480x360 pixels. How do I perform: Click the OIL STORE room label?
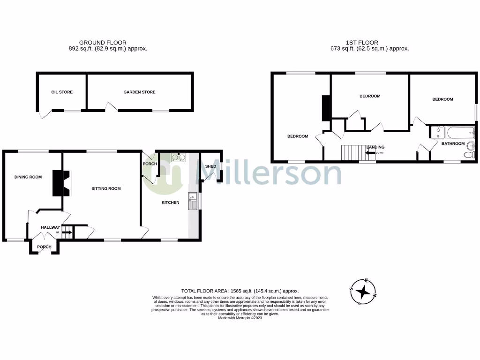(62, 92)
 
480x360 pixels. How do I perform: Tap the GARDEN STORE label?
(139, 92)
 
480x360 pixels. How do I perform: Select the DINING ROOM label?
(28, 177)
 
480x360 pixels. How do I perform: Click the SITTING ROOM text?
(106, 188)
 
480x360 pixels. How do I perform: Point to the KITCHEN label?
(171, 202)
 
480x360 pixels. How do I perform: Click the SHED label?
(210, 166)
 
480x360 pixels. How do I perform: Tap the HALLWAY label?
(50, 227)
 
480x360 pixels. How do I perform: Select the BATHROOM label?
(453, 143)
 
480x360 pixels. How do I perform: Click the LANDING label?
(375, 147)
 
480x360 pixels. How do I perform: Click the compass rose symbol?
(363, 292)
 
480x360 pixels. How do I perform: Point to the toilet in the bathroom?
(469, 155)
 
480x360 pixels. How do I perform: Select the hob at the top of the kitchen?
(178, 157)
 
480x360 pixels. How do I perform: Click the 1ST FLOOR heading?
(369, 43)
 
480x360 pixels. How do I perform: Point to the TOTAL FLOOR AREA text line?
(240, 291)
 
